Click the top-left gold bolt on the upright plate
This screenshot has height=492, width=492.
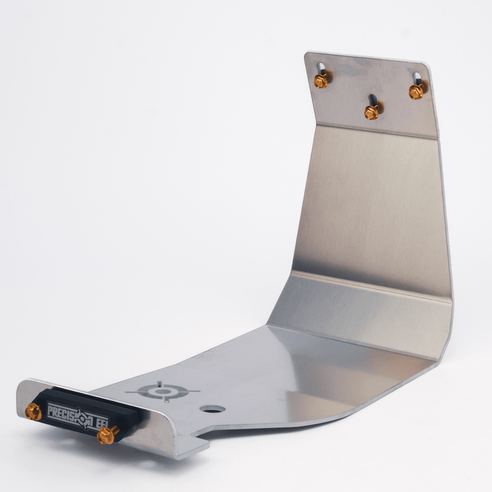coord(320,81)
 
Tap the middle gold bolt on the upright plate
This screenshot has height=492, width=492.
coord(371,112)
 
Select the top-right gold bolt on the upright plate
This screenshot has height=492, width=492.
coord(416,92)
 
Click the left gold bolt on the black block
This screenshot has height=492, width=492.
coord(33,411)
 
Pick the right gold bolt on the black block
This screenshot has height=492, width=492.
coord(107,435)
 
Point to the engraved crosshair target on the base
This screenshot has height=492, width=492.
coord(163,392)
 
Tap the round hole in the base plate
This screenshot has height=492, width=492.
coord(213,409)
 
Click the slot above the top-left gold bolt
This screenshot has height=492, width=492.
coord(321,68)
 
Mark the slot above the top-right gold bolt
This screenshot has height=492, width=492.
coord(416,78)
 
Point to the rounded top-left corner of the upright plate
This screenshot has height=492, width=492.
coord(309,56)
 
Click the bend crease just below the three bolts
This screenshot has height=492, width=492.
coord(369,130)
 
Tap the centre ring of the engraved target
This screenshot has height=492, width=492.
coord(163,392)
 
